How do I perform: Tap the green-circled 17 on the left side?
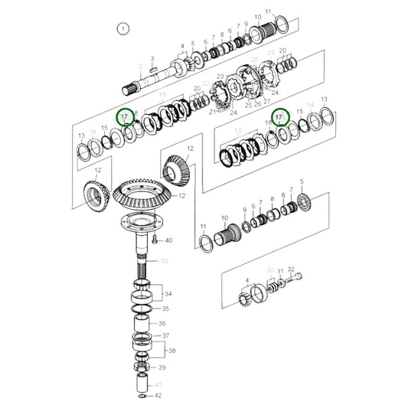pyautogui.click(x=122, y=116)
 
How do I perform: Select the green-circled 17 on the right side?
pyautogui.click(x=280, y=117)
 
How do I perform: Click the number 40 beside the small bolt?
pyautogui.click(x=168, y=241)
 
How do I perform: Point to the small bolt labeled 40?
pyautogui.click(x=154, y=240)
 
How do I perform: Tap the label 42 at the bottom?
pyautogui.click(x=158, y=395)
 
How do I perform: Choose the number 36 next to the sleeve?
pyautogui.click(x=162, y=323)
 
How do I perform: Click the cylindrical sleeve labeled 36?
pyautogui.click(x=142, y=323)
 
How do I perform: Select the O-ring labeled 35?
pyautogui.click(x=142, y=308)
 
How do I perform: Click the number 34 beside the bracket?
pyautogui.click(x=168, y=293)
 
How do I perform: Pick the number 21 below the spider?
pyautogui.click(x=211, y=112)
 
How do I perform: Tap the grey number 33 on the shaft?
pyautogui.click(x=162, y=261)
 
